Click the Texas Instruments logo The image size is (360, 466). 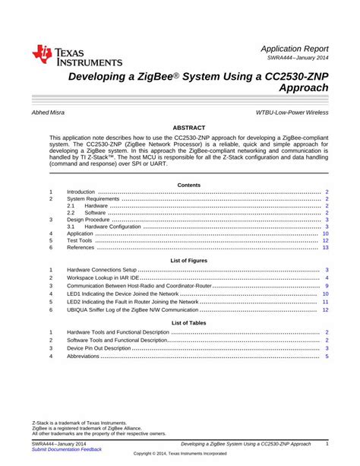pyautogui.click(x=76, y=55)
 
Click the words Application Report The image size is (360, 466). pyautogui.click(x=295, y=47)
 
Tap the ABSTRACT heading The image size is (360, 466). pyautogui.click(x=189, y=128)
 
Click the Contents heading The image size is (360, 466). pyautogui.click(x=188, y=185)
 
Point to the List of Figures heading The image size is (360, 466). pyautogui.click(x=188, y=261)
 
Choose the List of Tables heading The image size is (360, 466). pyautogui.click(x=188, y=323)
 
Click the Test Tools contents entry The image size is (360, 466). pyautogui.click(x=80, y=240)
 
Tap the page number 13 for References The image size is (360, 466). pyautogui.click(x=325, y=248)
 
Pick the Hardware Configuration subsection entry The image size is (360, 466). pyautogui.click(x=112, y=227)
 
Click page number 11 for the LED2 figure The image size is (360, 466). pyautogui.click(x=325, y=302)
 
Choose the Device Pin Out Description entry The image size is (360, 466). pyautogui.click(x=103, y=348)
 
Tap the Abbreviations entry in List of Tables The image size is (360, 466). pyautogui.click(x=83, y=356)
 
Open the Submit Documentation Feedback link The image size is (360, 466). pyautogui.click(x=66, y=449)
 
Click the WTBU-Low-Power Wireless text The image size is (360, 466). pyautogui.click(x=292, y=113)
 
